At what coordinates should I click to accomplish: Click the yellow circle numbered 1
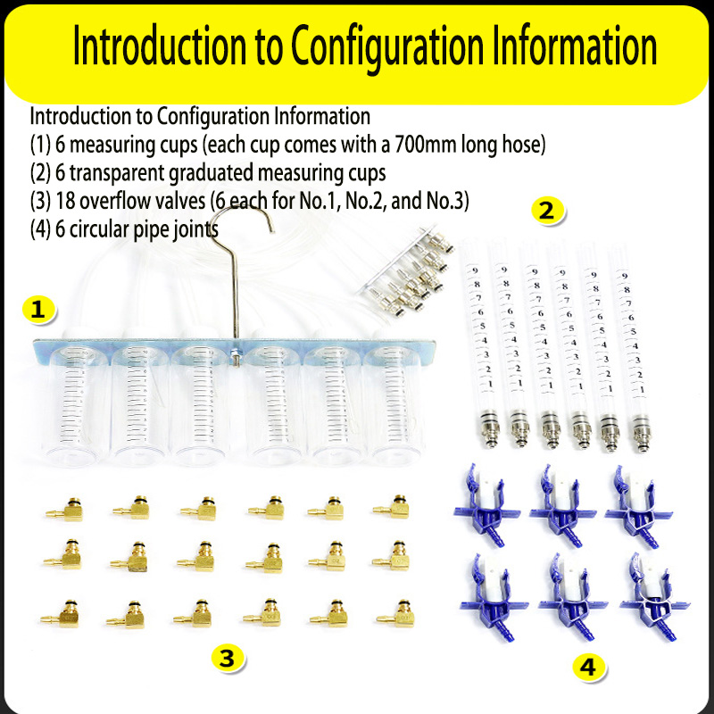tap(38, 310)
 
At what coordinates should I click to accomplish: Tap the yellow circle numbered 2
tap(547, 211)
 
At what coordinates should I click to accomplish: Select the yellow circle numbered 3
tap(227, 658)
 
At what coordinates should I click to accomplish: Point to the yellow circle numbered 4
tap(588, 667)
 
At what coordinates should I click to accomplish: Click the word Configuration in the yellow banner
tap(387, 46)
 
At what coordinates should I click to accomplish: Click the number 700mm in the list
tap(426, 145)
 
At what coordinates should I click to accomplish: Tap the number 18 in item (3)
tap(65, 201)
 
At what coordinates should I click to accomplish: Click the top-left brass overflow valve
tap(64, 510)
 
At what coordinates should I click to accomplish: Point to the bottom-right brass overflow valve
tap(395, 614)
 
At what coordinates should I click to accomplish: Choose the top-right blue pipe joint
tap(638, 505)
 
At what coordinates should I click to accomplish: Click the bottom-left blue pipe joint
tap(494, 596)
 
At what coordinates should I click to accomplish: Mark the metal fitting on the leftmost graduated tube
tap(489, 428)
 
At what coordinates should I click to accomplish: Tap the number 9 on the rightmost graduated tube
tap(625, 276)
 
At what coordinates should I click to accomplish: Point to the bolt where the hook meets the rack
tap(236, 354)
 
